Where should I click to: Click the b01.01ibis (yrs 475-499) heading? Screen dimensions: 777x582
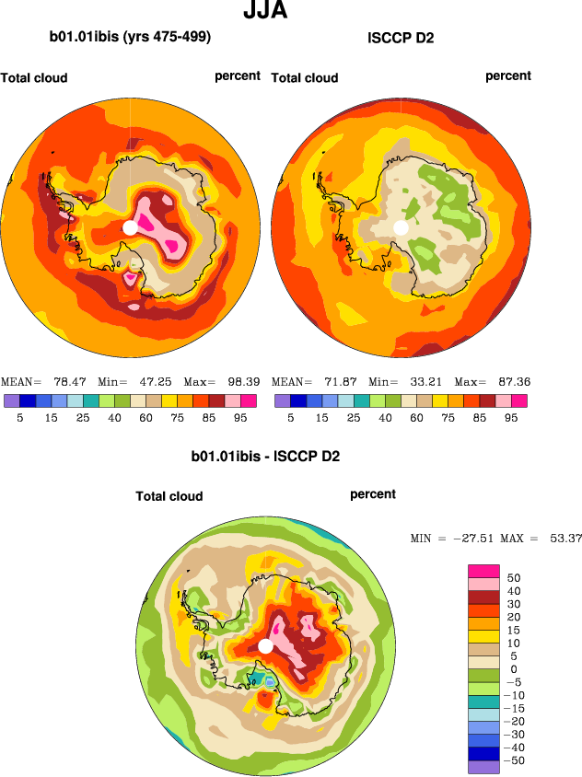130,38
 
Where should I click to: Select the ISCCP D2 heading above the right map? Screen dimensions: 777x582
401,38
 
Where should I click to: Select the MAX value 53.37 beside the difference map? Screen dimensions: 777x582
560,538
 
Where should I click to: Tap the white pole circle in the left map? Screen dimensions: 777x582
130,227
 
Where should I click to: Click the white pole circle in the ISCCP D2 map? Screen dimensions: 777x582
401,227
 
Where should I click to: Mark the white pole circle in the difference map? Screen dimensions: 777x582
265,646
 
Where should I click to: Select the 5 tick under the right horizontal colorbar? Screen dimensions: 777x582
289,417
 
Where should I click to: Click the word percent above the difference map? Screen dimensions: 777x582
373,494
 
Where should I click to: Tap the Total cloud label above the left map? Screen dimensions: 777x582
34,78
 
